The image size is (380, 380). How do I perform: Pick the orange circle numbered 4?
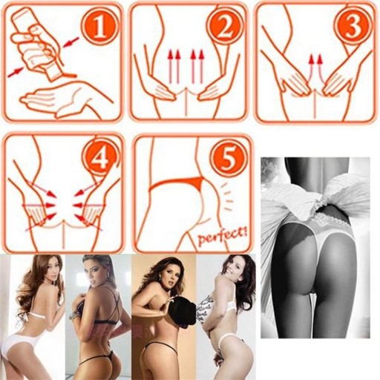click(x=101, y=160)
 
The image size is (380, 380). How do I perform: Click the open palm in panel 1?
click(x=65, y=99)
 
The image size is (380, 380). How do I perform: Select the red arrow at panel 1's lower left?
click(x=16, y=72)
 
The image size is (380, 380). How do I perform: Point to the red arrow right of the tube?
click(x=71, y=42)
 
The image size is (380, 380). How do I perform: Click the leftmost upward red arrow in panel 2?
click(x=170, y=66)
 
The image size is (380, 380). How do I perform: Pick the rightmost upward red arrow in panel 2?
click(x=201, y=66)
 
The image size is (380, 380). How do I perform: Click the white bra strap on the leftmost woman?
click(x=33, y=314)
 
